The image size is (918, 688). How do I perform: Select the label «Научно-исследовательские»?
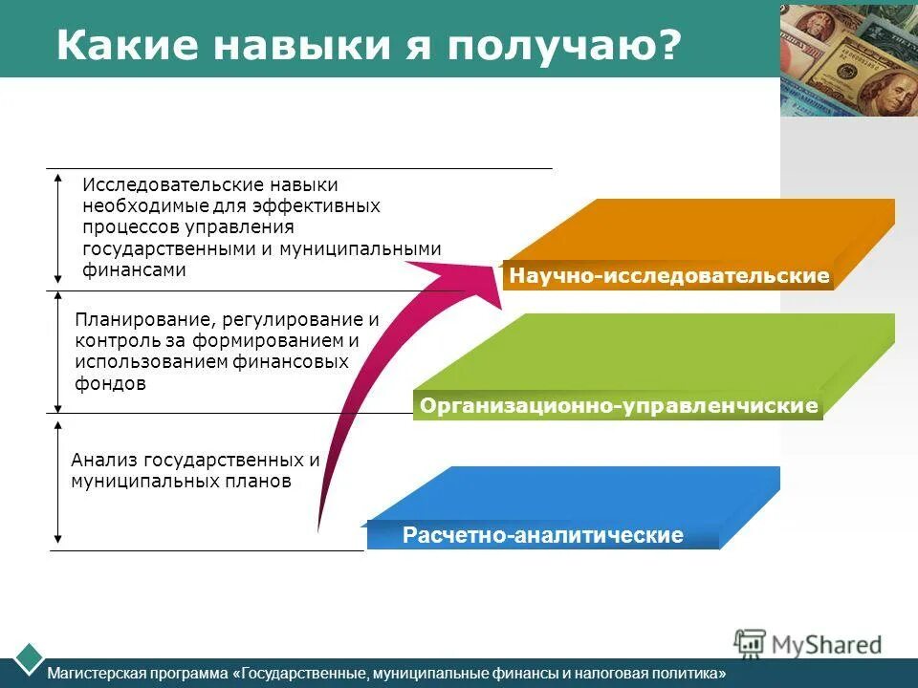669,276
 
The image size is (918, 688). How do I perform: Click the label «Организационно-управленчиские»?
619,406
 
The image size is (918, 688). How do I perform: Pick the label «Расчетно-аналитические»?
543,535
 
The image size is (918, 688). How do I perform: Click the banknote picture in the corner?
848,59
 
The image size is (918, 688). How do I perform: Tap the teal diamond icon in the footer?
30,657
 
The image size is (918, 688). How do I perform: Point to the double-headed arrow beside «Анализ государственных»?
58,482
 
